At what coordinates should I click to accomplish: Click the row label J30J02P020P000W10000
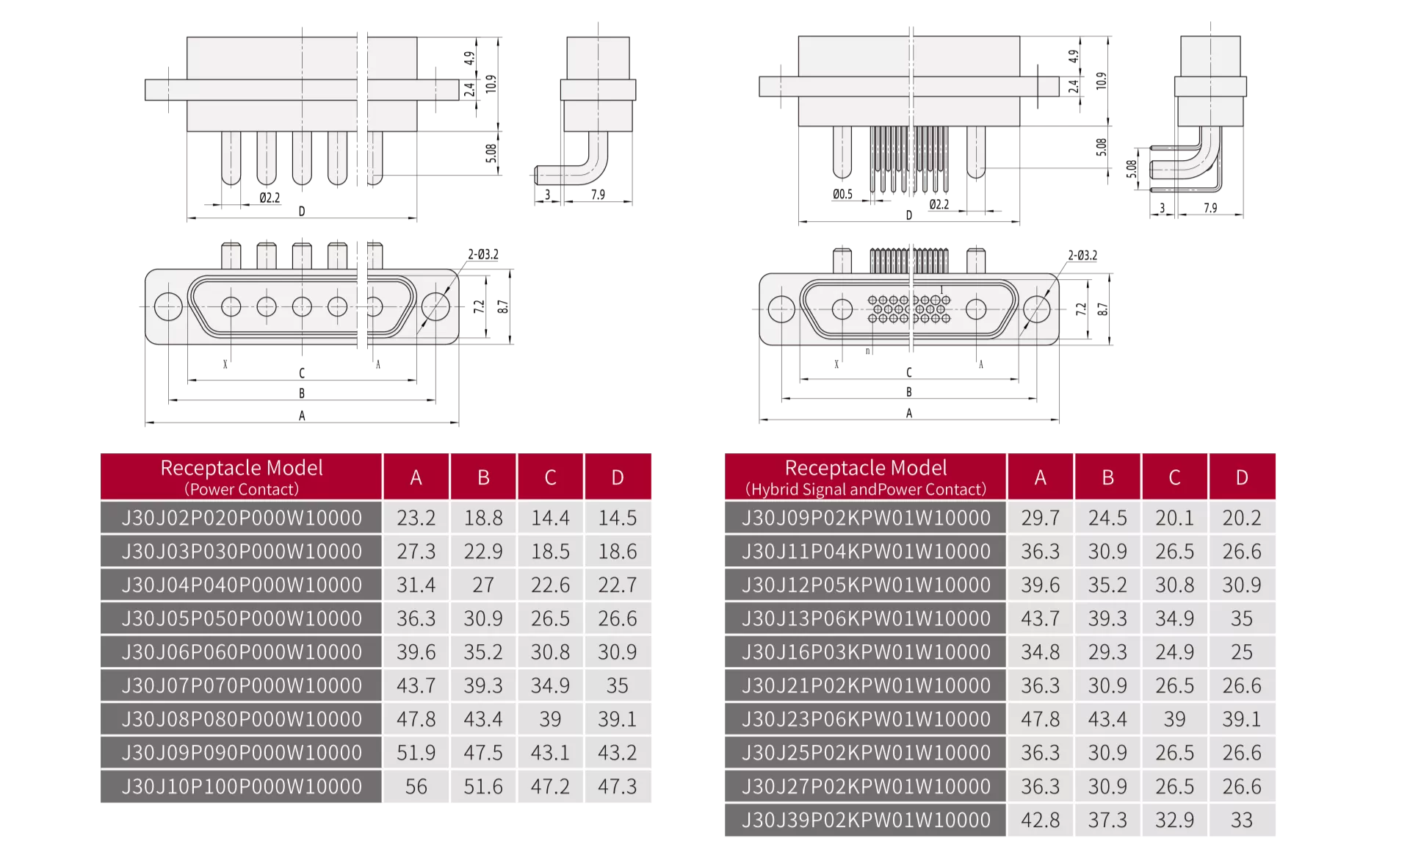(242, 518)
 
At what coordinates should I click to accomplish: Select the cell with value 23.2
(416, 518)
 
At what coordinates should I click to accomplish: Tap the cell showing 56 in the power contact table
(416, 787)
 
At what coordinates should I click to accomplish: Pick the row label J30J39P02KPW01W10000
(866, 820)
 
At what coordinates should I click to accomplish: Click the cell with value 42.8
(1041, 820)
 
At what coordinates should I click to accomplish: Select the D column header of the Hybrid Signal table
(1242, 477)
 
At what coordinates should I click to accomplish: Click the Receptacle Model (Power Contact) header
(242, 477)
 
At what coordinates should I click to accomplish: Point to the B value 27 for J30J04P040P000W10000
(483, 585)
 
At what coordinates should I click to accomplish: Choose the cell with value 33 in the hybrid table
(1242, 820)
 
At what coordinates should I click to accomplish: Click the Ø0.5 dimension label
(842, 195)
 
